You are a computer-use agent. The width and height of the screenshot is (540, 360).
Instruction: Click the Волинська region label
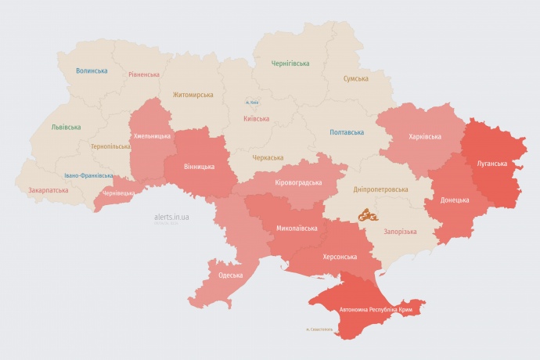coord(92,70)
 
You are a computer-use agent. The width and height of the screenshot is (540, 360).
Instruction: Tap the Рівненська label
coord(144,74)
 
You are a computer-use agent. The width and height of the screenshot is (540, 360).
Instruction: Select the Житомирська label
coord(193,94)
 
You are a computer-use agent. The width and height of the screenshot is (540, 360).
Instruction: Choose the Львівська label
coord(66,126)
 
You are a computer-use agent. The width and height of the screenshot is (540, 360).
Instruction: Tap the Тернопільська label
coord(110,146)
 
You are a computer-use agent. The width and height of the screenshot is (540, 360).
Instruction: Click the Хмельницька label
coord(152,136)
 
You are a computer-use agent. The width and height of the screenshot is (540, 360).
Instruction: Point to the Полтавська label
coord(346,132)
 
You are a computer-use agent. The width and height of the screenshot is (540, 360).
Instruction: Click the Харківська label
coord(424,136)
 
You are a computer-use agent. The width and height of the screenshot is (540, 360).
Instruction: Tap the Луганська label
coord(492,164)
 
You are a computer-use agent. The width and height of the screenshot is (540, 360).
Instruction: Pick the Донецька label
coord(455,200)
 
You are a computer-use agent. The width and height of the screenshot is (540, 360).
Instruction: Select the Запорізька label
coord(400,232)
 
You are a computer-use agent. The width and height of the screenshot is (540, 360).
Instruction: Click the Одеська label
coord(230,275)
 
